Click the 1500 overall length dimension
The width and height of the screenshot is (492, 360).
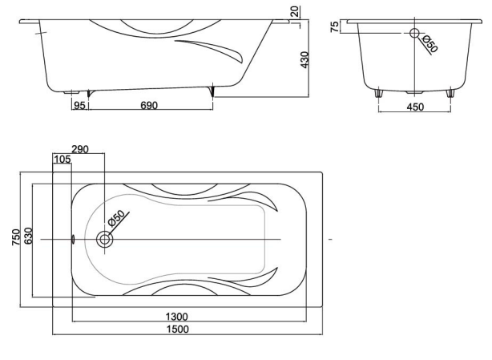pyautogui.click(x=177, y=329)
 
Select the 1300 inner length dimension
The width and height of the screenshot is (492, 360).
pyautogui.click(x=176, y=317)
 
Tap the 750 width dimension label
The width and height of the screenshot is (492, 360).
pyautogui.click(x=16, y=237)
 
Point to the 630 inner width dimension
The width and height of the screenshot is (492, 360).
pyautogui.click(x=28, y=236)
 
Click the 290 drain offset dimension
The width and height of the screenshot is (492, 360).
pyautogui.click(x=80, y=149)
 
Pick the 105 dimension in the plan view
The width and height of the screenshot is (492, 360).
pyautogui.click(x=63, y=160)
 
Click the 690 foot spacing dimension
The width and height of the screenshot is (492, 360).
pyautogui.click(x=149, y=105)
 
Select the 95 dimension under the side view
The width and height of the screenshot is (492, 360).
pyautogui.click(x=79, y=105)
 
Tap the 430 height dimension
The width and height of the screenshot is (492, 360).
pyautogui.click(x=304, y=60)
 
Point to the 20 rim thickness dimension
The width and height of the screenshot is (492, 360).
pyautogui.click(x=296, y=11)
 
